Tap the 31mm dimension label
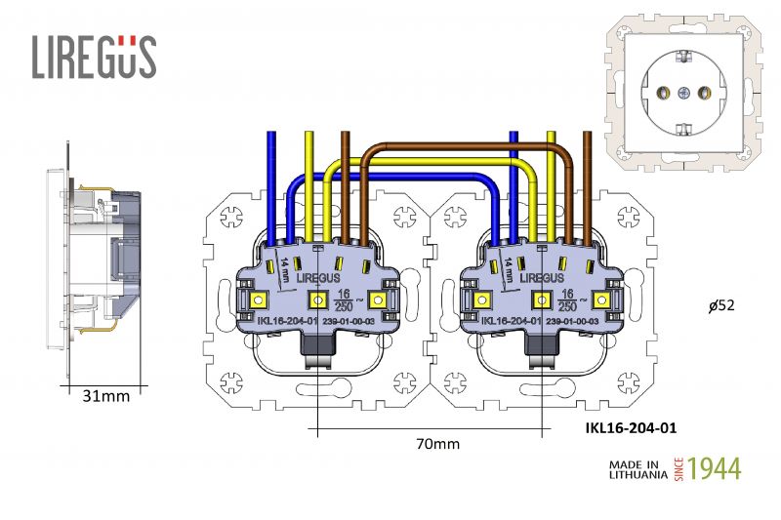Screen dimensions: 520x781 point(106,396)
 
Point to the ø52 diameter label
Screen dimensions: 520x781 point(721,305)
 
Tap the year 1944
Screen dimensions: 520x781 point(715,468)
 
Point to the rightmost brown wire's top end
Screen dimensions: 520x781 point(587,135)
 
